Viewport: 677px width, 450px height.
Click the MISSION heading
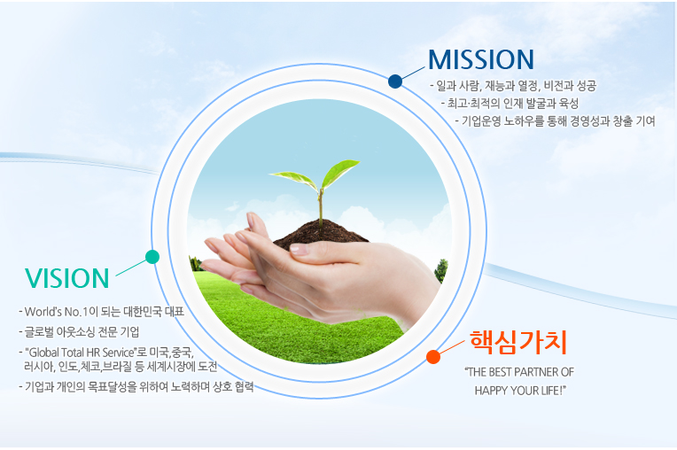[x=481, y=59]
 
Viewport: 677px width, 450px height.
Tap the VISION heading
[x=67, y=278]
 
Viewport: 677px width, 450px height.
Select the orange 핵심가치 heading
[x=518, y=342]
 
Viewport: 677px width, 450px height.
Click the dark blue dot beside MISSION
[x=395, y=81]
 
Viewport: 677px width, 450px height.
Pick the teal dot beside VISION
[x=152, y=257]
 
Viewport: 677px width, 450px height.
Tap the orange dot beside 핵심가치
[x=433, y=357]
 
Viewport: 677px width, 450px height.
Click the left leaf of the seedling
[x=293, y=179]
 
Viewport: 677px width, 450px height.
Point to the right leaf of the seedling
[x=339, y=172]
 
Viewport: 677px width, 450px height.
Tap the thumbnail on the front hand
[x=299, y=249]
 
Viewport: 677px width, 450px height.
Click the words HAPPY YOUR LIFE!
[x=520, y=391]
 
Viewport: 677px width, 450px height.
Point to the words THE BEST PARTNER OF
[x=519, y=372]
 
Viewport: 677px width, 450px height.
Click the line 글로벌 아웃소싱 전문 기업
[x=82, y=332]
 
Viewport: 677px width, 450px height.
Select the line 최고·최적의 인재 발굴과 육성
[x=512, y=104]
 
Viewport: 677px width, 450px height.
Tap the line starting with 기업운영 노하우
[x=558, y=121]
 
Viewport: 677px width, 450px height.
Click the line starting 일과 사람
[x=516, y=86]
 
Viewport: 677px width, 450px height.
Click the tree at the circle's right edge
[x=441, y=270]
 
